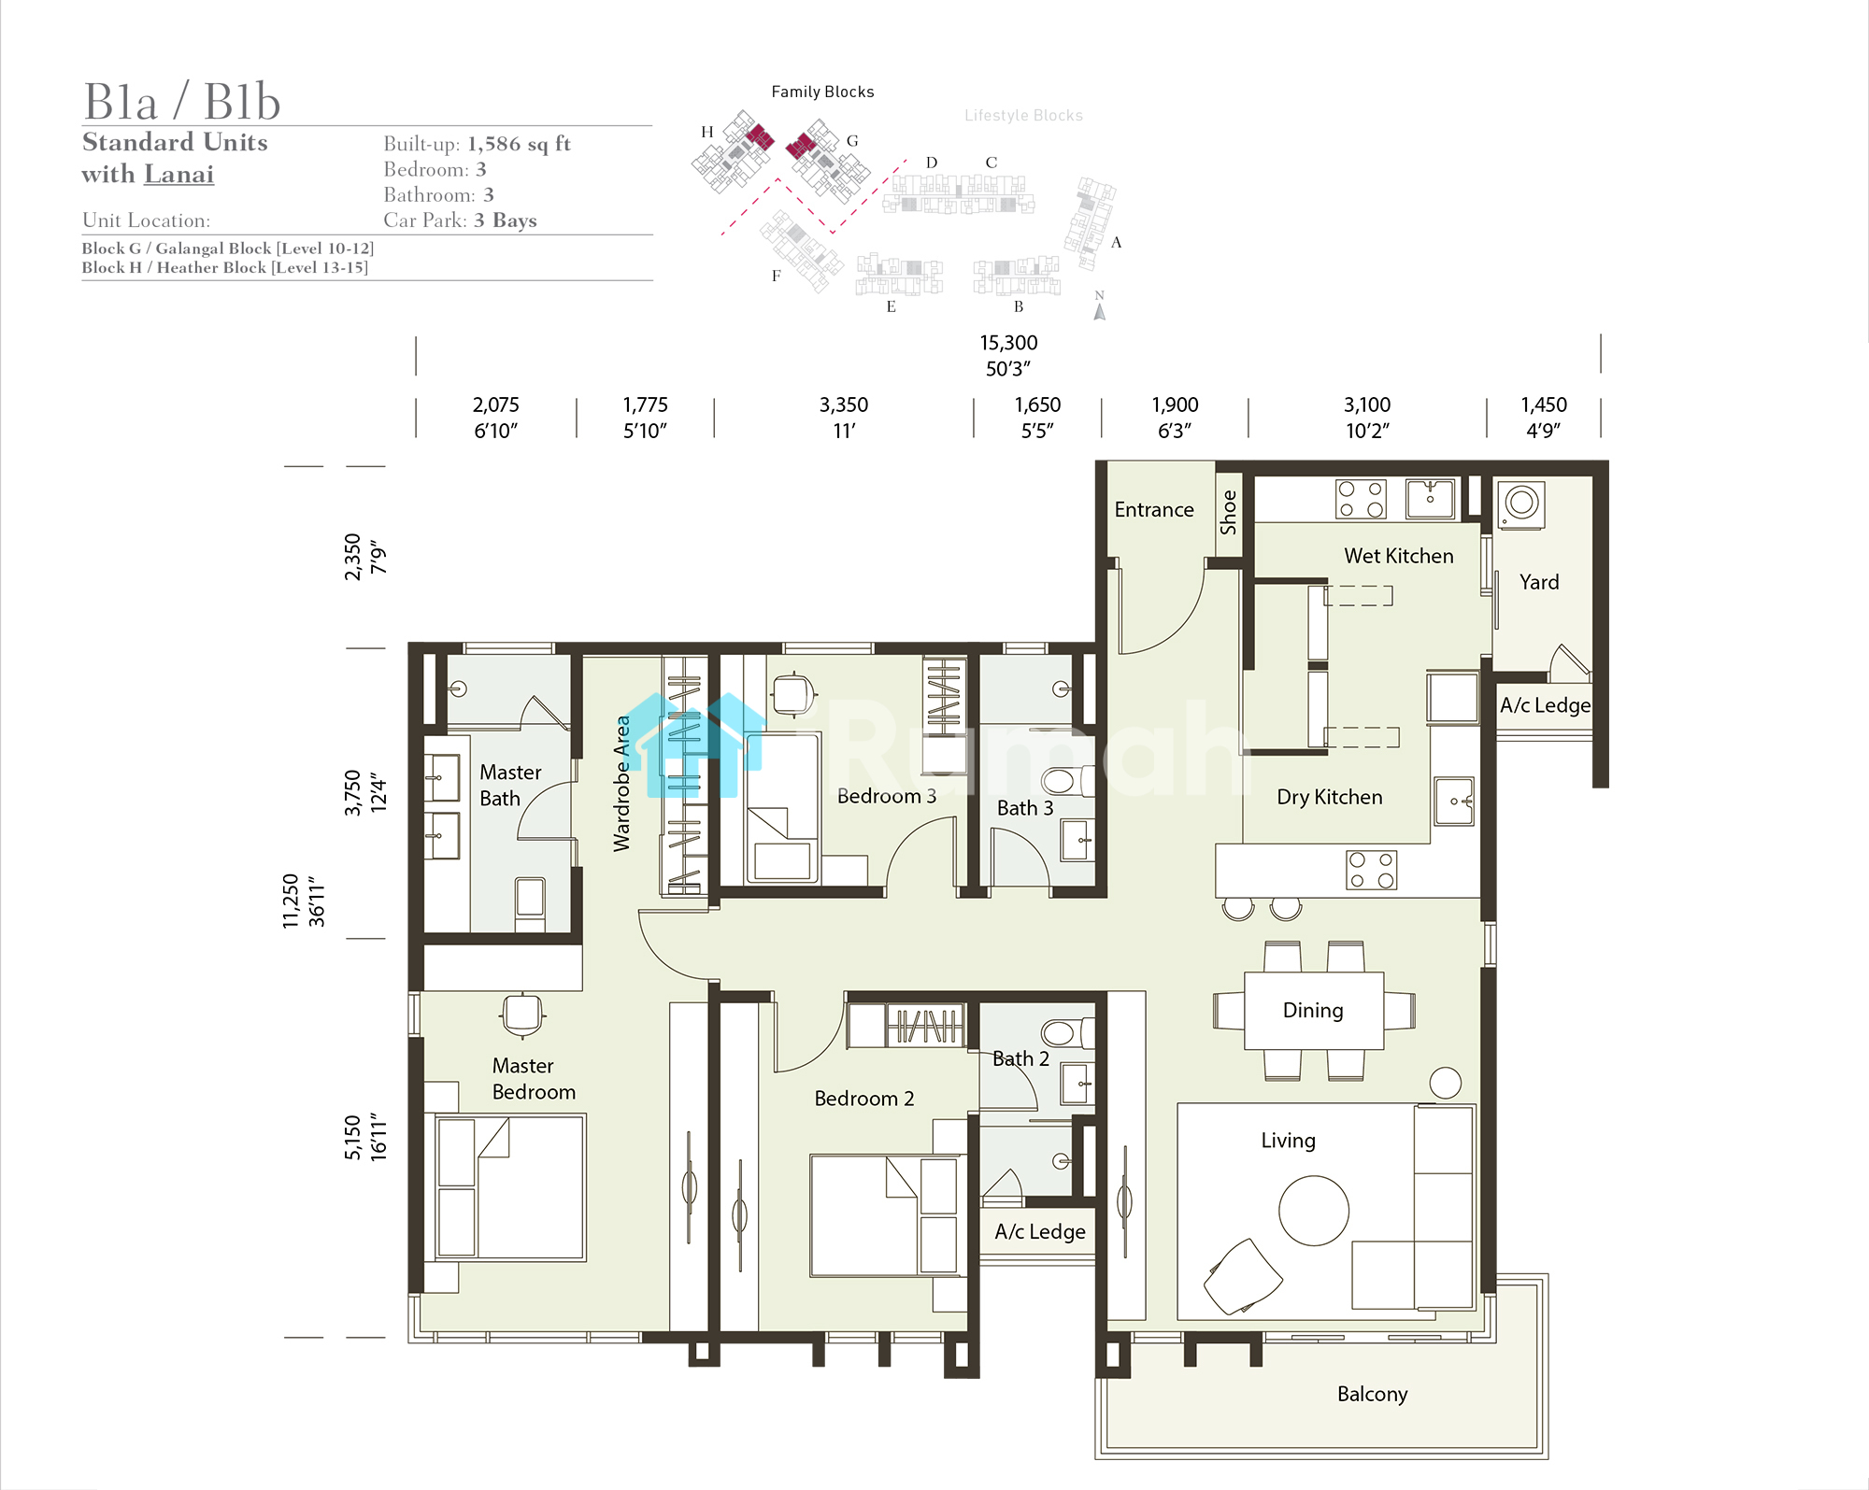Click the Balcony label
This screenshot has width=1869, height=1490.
pos(1372,1394)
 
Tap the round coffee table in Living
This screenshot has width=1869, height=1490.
pos(1314,1211)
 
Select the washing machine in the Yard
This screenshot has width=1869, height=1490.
pos(1521,504)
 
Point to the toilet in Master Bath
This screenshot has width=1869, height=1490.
pos(530,902)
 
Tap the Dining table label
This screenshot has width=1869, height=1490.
pos(1313,1010)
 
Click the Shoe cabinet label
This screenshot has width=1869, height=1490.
pos(1228,512)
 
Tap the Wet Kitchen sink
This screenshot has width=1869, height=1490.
pos(1430,498)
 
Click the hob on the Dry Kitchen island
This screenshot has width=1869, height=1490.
pos(1371,870)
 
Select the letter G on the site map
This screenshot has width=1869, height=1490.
pos(852,141)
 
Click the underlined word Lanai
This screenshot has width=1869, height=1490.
pos(178,175)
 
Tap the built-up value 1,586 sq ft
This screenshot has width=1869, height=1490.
pos(519,144)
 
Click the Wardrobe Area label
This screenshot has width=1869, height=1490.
pos(621,783)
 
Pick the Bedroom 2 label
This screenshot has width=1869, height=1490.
pos(863,1099)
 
